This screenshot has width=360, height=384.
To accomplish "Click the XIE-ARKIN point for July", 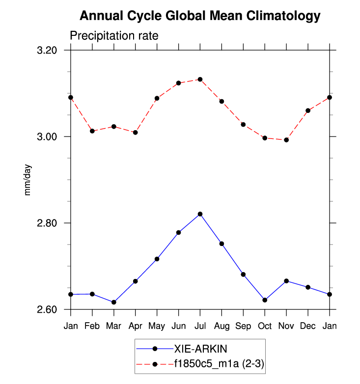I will pos(200,214).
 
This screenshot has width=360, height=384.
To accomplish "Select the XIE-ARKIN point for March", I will pos(114,302).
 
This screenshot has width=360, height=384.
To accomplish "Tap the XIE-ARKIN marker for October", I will pos(265,300).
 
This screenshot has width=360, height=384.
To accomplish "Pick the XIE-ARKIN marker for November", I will pos(286,281).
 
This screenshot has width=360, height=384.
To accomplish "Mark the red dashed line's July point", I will pos(200,79).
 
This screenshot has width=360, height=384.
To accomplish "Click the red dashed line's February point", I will pos(92,131).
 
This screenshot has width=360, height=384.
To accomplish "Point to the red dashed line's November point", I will pos(286,140).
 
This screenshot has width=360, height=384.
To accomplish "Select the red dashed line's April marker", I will pos(135,133).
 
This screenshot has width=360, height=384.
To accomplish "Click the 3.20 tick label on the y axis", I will pos(47,51).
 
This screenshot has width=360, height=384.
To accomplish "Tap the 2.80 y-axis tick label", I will pos(47,223).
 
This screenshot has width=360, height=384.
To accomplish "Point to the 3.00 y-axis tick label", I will pos(47,137).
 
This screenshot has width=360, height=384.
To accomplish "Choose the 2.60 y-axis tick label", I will pos(47,310).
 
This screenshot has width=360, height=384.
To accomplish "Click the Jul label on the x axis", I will pos(200,326).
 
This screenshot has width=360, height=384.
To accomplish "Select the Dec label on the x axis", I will pos(308,326).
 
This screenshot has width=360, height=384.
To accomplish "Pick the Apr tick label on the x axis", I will pos(135,326).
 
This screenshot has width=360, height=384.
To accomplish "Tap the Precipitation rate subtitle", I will pos(114,36).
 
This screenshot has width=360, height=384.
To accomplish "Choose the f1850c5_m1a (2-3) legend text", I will pos(220,364).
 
